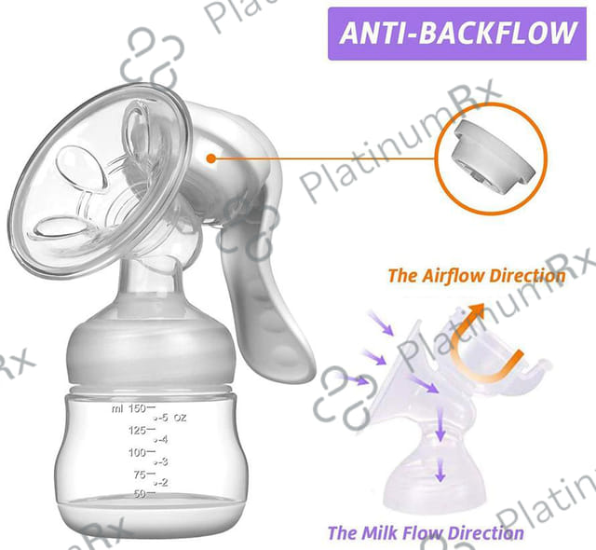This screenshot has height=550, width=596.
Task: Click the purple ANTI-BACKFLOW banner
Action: tap(459, 34)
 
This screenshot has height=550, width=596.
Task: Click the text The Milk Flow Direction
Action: tap(425, 533)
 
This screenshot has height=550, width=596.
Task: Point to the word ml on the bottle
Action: tap(116, 408)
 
